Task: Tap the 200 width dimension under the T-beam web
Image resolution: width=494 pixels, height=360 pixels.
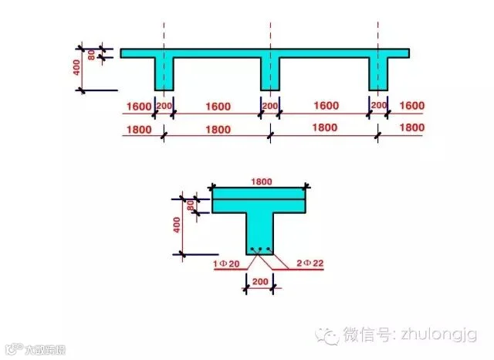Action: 260,284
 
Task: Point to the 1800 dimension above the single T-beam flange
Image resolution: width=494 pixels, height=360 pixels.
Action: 260,181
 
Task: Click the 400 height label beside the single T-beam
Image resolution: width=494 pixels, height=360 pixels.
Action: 178,225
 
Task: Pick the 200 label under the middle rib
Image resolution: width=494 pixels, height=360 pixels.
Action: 269,105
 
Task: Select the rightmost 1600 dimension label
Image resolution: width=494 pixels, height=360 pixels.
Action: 413,105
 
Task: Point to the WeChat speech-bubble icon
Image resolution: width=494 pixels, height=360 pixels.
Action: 330,335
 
